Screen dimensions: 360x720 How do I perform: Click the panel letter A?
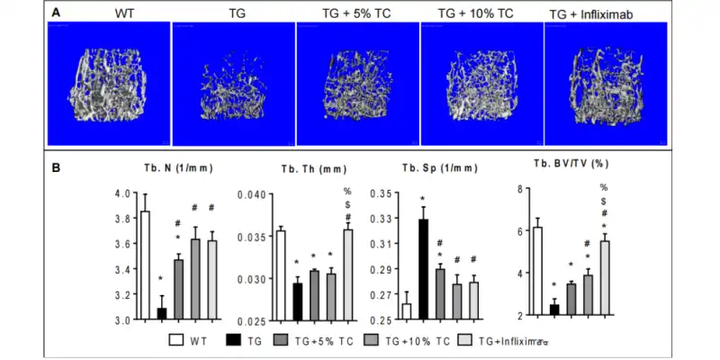[57, 13]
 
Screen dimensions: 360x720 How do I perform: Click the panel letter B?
[57, 166]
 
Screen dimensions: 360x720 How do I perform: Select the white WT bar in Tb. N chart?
[145, 265]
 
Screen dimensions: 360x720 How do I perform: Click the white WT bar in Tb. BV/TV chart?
[537, 271]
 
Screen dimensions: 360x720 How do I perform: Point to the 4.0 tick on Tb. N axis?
[122, 193]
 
